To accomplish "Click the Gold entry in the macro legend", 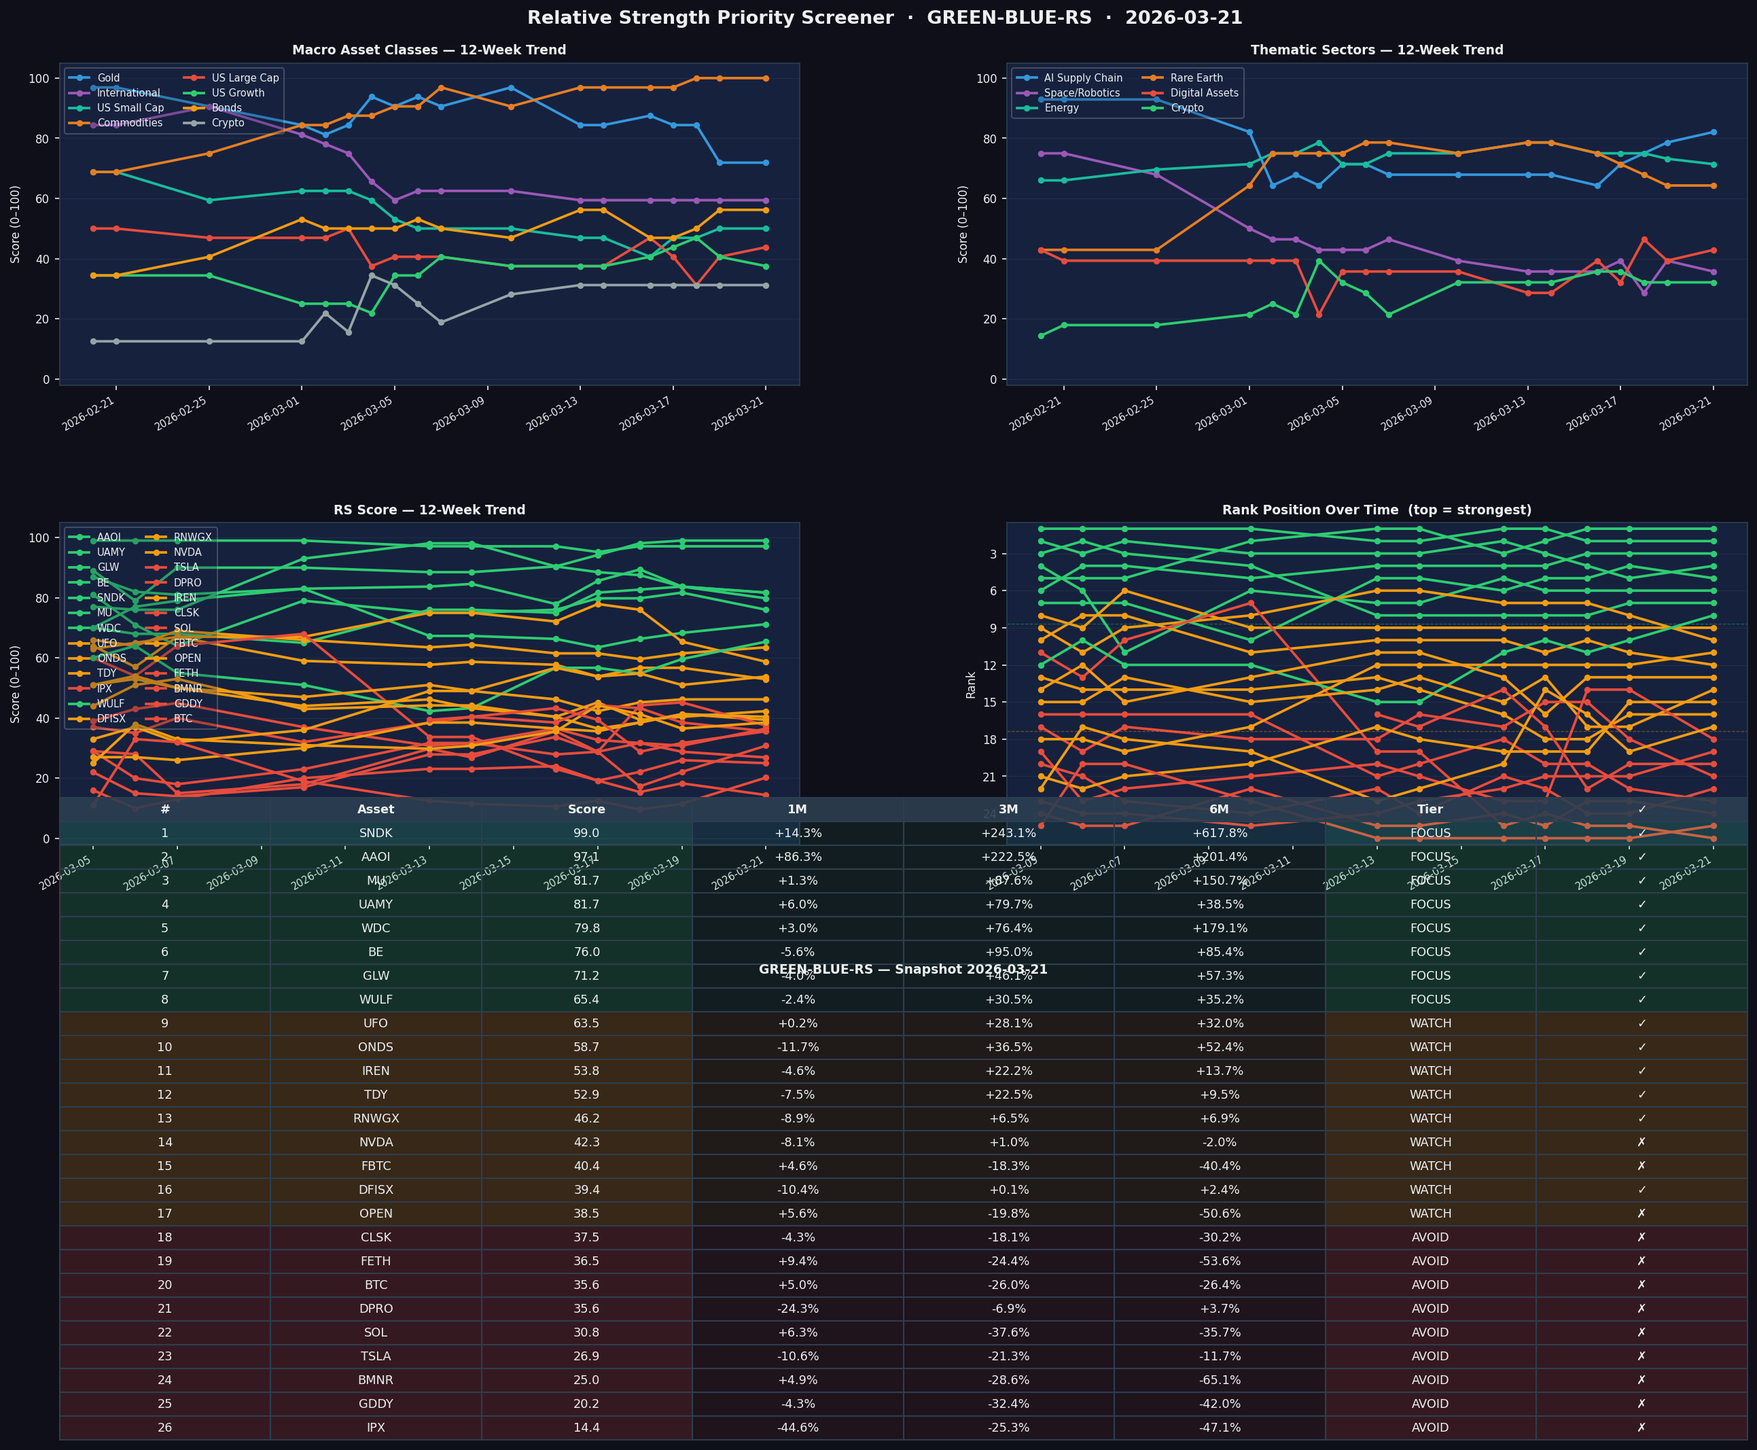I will pyautogui.click(x=108, y=77).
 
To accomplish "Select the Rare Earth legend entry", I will pyautogui.click(x=1196, y=77).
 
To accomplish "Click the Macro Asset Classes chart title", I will pyautogui.click(x=429, y=50).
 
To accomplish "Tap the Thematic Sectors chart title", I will pyautogui.click(x=1377, y=50).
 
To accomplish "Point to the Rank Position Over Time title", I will pyautogui.click(x=1377, y=510).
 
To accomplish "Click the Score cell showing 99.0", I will pyautogui.click(x=586, y=833).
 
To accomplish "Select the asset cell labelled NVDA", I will pyautogui.click(x=375, y=1142).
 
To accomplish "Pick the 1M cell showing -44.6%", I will pyautogui.click(x=797, y=1428).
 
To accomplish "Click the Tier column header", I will pyautogui.click(x=1430, y=809).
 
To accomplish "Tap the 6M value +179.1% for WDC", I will pyautogui.click(x=1218, y=928).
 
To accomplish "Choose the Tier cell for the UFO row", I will pyautogui.click(x=1430, y=1023).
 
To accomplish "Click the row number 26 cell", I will pyautogui.click(x=164, y=1428).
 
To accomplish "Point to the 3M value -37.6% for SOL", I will pyautogui.click(x=1008, y=1332).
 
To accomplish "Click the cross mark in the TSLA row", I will pyautogui.click(x=1641, y=1356).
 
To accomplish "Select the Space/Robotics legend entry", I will pyautogui.click(x=1082, y=92).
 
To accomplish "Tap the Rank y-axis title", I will pyautogui.click(x=970, y=684).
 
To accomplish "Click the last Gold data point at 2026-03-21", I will pyautogui.click(x=766, y=163).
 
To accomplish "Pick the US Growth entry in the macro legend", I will pyautogui.click(x=237, y=92).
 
